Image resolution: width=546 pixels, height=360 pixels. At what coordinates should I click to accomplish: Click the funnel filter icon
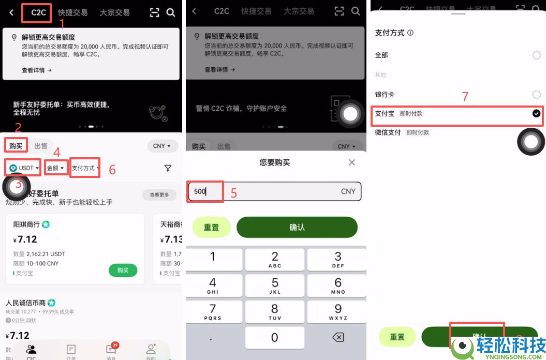tap(168, 168)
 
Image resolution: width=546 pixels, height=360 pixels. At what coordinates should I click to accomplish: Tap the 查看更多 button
tap(159, 195)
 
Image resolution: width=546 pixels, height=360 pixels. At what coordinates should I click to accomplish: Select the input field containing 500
tap(274, 191)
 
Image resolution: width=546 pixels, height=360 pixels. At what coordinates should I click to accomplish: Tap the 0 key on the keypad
tap(274, 338)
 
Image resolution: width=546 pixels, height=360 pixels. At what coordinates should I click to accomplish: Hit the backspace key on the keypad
tap(337, 338)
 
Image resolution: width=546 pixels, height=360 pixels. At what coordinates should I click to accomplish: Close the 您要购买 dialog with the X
tap(352, 162)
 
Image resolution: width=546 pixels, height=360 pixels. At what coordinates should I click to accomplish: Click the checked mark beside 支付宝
tap(536, 113)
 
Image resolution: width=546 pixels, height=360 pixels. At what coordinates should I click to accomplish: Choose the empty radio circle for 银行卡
tap(536, 95)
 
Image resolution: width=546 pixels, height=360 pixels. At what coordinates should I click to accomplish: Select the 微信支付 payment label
tap(388, 132)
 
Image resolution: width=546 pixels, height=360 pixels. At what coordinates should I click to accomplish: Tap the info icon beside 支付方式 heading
tap(410, 33)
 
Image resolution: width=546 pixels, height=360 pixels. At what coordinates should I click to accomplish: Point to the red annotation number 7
tap(465, 97)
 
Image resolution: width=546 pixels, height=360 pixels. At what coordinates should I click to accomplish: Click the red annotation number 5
tap(234, 193)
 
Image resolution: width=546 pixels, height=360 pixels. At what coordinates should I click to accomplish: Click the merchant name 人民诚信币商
tap(25, 303)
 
